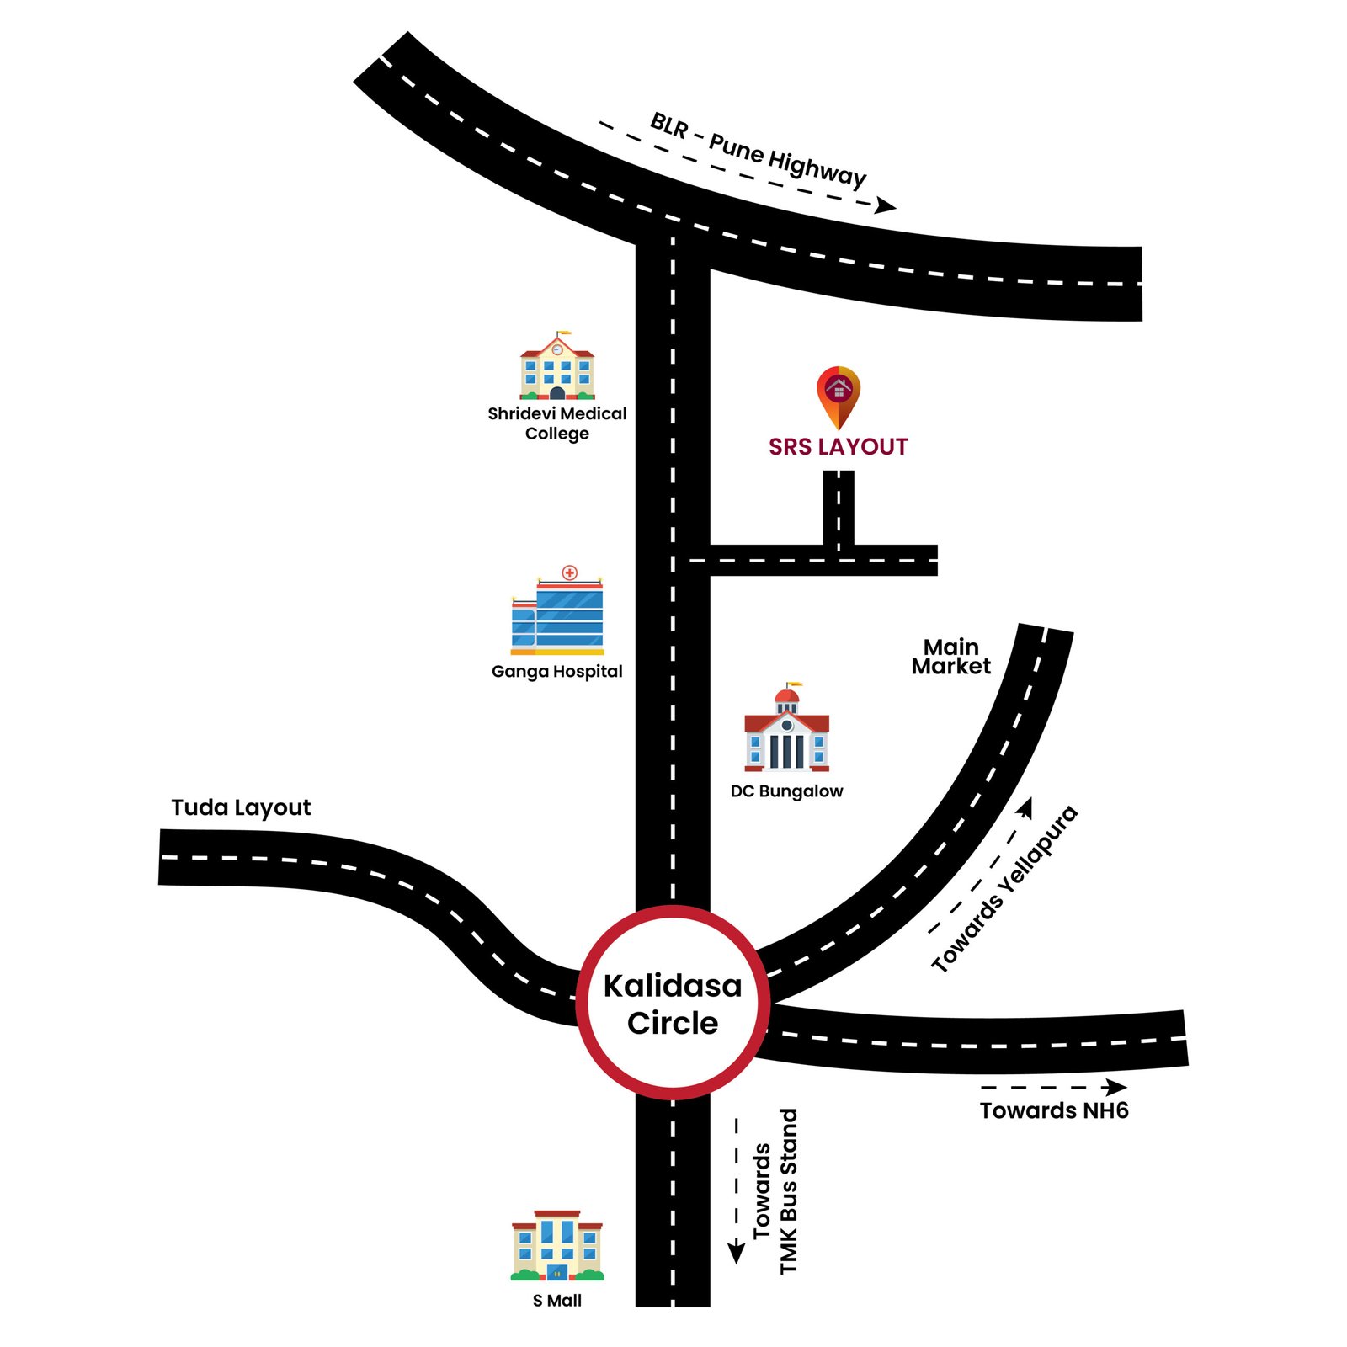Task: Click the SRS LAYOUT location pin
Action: coord(839,394)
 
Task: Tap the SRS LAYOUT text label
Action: coord(839,447)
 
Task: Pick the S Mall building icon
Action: coord(557,1247)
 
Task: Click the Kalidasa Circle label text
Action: coord(673,1004)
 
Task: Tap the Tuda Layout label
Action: coord(241,807)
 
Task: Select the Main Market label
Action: coord(951,657)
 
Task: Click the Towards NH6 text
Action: coord(1054,1110)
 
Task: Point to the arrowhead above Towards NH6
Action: coord(1117,1087)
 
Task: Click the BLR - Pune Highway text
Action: coord(758,151)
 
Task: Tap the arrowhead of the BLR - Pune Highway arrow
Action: coord(886,205)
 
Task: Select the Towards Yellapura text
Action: coord(1004,889)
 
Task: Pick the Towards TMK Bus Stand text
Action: coord(775,1190)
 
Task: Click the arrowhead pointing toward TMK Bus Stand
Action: coord(737,1251)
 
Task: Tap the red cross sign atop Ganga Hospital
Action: coord(570,572)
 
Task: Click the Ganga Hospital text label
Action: coord(557,671)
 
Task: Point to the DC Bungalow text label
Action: coord(786,791)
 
